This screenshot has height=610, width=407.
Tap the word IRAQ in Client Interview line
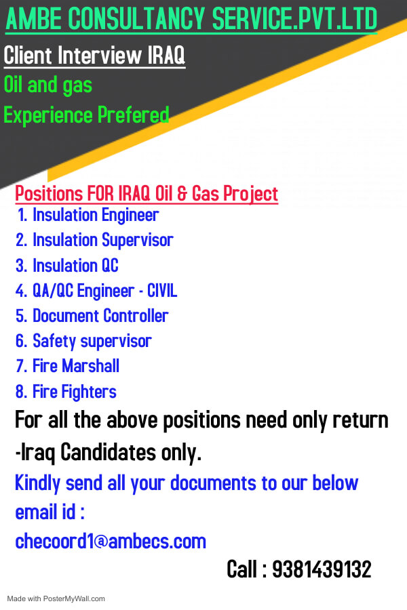166,55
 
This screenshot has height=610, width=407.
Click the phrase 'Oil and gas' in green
48,85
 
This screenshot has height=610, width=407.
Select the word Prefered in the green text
133,115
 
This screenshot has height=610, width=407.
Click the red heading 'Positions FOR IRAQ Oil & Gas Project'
147,194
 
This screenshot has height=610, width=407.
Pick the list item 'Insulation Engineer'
96,215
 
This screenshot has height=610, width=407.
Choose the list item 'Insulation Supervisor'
103,240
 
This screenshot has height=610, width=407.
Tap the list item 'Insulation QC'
75,265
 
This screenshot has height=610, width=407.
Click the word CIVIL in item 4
162,291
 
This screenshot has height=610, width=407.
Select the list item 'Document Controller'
100,315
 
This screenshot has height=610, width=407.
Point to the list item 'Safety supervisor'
92,341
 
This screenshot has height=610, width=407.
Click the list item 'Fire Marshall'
75,366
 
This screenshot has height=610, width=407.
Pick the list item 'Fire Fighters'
74,391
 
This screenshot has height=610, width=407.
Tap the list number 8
20,391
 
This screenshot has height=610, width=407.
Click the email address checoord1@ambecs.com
110,541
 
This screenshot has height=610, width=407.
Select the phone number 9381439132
322,569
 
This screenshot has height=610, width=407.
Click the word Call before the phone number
241,569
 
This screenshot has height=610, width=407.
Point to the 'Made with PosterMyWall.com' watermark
56,598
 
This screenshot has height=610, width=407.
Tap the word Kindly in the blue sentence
37,483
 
